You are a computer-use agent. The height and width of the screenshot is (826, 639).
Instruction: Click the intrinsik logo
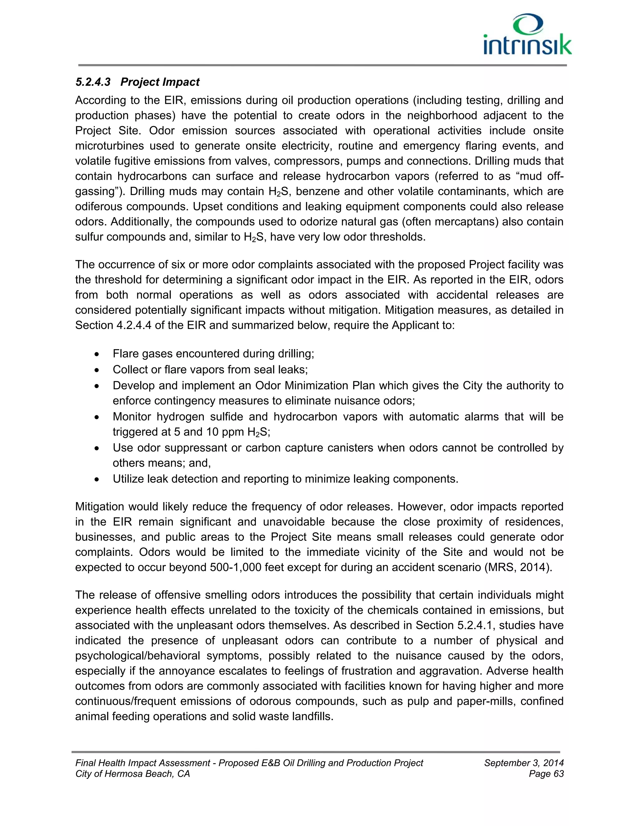[527, 35]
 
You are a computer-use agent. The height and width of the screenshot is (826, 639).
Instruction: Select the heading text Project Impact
[160, 82]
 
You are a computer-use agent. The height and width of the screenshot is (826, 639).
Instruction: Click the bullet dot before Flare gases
[97, 354]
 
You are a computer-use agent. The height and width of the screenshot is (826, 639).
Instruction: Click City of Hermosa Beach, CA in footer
[133, 774]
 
